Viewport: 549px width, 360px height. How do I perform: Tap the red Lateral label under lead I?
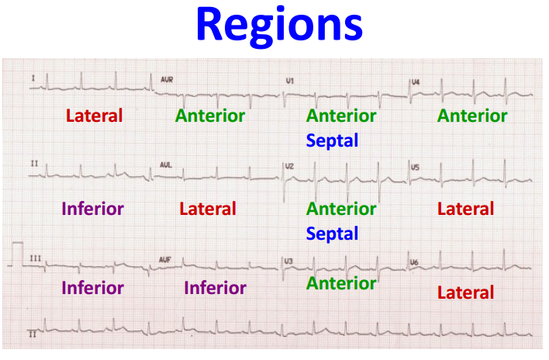tap(94, 116)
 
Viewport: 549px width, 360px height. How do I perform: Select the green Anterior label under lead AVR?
tap(209, 116)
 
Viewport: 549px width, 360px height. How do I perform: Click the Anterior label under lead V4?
tap(471, 116)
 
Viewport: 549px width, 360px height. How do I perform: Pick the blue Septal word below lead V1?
tap(332, 141)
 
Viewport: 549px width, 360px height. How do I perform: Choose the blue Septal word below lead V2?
tap(332, 234)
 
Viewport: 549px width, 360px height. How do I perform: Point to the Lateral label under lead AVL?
tap(207, 209)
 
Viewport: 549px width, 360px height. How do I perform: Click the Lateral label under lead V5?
tap(465, 209)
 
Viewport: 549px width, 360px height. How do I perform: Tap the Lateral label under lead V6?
tap(465, 292)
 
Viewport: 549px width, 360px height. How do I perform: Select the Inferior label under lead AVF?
tap(215, 289)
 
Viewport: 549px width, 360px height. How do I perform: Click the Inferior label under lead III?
tap(92, 289)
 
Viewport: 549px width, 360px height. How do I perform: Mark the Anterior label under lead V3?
tap(340, 283)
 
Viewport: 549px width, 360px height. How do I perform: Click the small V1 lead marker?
tap(290, 81)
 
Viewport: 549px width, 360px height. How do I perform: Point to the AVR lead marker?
tap(167, 80)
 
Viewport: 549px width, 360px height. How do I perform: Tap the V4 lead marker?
tap(416, 81)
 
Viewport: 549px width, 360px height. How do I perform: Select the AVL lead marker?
tap(165, 165)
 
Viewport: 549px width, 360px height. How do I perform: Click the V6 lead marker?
tap(416, 262)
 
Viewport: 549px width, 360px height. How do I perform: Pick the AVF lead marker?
tap(165, 259)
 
